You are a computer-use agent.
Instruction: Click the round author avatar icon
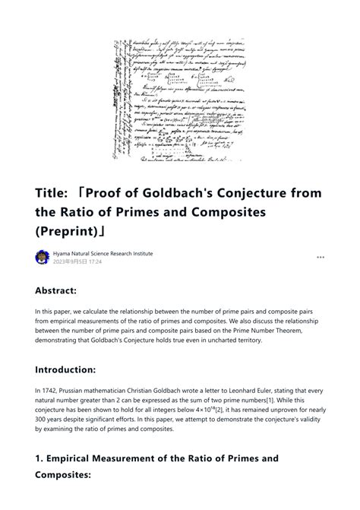43,257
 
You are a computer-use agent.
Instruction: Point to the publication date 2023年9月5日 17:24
77,261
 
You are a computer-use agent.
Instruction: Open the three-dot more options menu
321,257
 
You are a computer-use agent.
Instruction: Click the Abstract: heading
66,290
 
